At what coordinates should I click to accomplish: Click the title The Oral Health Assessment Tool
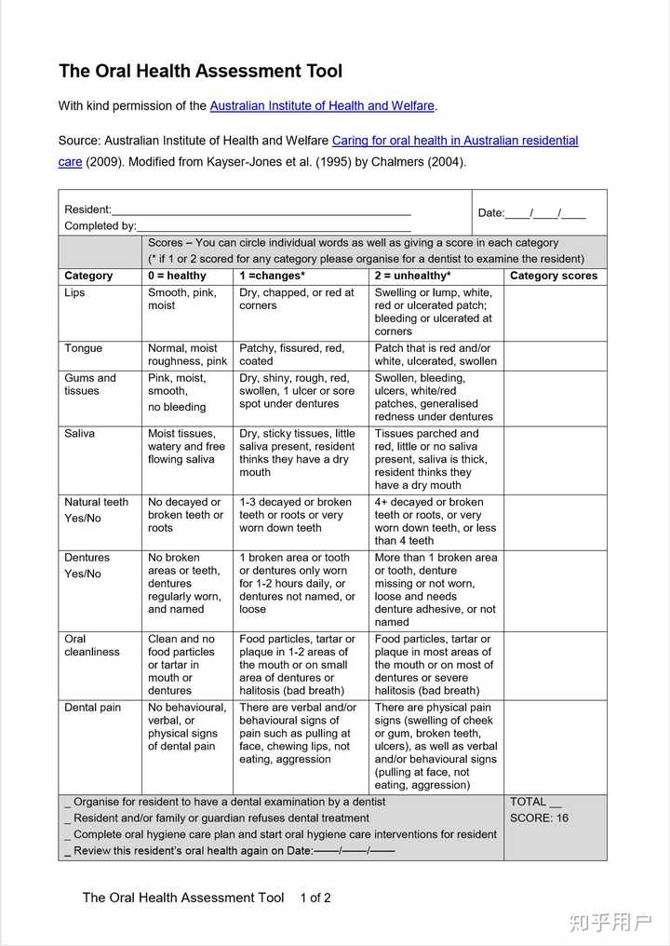200,72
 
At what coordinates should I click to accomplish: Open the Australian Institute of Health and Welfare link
322,106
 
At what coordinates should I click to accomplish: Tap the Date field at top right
531,213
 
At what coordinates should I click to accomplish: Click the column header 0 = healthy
177,276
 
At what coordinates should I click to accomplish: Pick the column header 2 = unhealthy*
412,276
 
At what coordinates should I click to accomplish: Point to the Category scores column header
554,276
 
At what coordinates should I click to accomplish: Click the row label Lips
74,292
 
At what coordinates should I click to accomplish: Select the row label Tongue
83,348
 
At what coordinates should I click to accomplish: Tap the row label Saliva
79,434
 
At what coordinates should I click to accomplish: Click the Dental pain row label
92,708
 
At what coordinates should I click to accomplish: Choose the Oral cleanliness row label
91,645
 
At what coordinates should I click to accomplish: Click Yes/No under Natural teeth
82,519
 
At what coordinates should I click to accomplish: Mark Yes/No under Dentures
82,574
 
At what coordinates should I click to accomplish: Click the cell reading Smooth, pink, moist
181,299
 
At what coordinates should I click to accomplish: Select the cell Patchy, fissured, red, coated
291,355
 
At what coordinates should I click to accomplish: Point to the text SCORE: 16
539,818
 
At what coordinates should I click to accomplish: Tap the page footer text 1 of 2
315,899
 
